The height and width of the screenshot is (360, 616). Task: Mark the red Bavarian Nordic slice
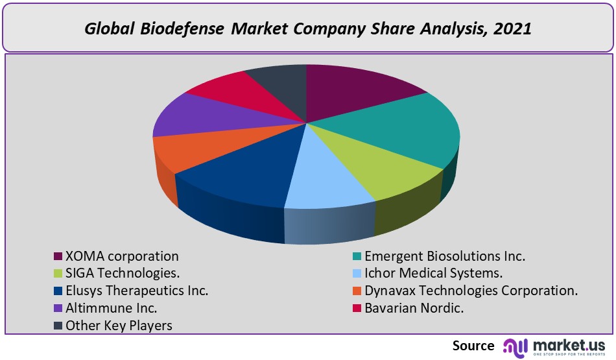point(227,91)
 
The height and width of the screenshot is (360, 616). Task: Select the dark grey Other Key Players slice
point(279,81)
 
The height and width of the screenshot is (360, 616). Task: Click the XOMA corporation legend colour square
point(58,256)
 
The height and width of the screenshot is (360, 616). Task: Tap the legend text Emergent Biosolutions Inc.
point(445,256)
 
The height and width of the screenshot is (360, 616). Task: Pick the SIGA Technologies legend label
point(123,273)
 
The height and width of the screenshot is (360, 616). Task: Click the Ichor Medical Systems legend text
point(434,273)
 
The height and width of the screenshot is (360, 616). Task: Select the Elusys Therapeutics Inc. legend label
point(137,291)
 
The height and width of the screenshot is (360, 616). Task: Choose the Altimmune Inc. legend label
point(112,308)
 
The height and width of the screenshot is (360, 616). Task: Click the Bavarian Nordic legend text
point(414,308)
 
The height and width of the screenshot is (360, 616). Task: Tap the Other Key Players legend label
point(119,325)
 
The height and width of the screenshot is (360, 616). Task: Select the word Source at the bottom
point(473,346)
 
